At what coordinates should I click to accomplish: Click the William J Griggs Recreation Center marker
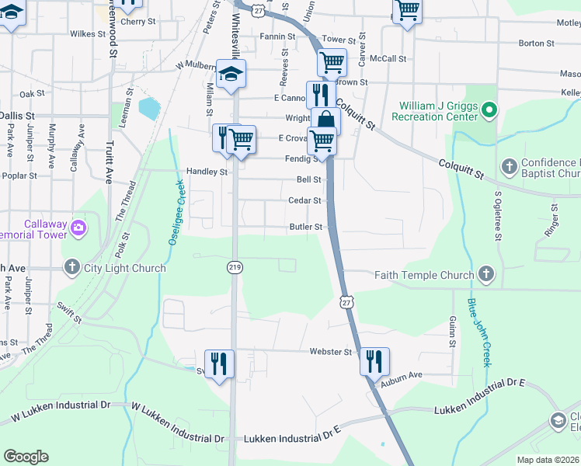[x=489, y=111]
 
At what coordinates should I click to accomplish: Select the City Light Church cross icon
[x=71, y=268]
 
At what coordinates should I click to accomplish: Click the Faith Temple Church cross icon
[x=485, y=274]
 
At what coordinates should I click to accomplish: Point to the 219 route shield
[x=234, y=267]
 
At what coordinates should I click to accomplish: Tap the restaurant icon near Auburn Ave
[x=374, y=361]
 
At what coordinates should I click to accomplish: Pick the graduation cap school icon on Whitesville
[x=231, y=75]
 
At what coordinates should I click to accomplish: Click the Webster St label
[x=331, y=352]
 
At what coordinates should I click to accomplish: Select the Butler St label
[x=305, y=227]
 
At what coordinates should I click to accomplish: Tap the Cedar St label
[x=304, y=200]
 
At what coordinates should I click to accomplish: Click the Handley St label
[x=207, y=172]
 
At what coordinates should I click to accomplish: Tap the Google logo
[x=26, y=456]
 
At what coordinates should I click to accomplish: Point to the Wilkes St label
[x=87, y=34]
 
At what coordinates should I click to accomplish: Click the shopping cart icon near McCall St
[x=332, y=62]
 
